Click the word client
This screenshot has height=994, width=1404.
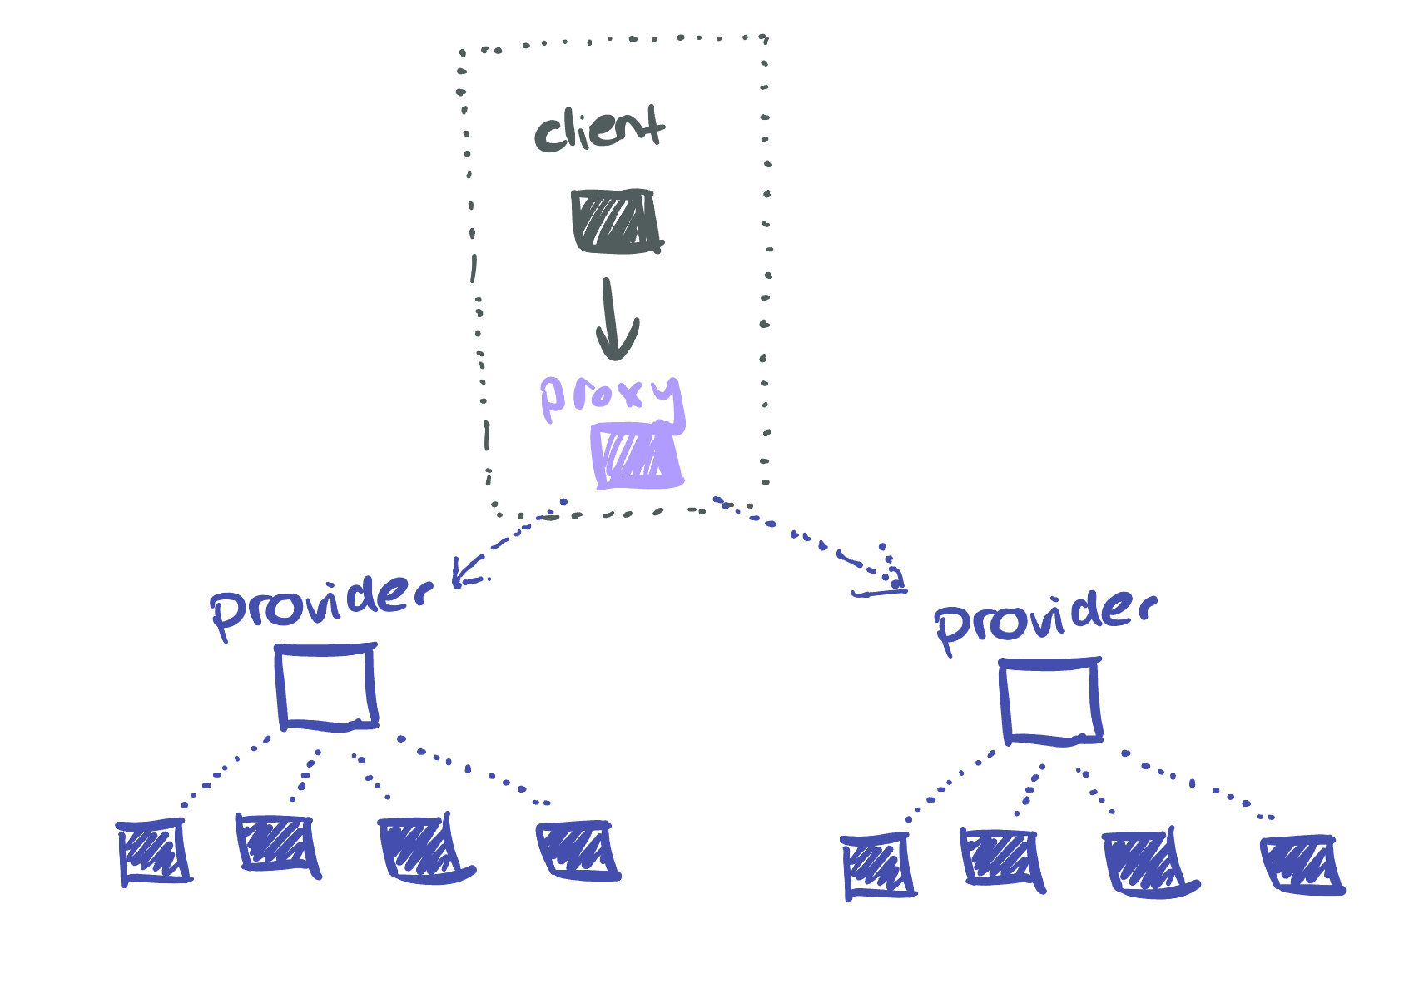point(599,130)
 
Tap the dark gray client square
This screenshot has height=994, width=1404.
point(615,221)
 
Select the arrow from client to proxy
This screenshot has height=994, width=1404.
point(615,321)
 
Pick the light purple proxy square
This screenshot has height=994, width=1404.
point(637,456)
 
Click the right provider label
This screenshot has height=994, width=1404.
point(1044,620)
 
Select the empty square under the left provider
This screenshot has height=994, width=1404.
point(326,687)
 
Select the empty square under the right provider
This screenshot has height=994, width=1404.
point(1050,701)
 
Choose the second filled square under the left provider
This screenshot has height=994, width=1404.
point(277,845)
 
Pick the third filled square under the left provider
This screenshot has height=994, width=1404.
point(421,849)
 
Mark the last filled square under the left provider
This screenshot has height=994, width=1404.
point(578,850)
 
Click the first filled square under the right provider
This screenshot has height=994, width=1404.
point(877,867)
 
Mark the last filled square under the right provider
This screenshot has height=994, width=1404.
point(1302,865)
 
